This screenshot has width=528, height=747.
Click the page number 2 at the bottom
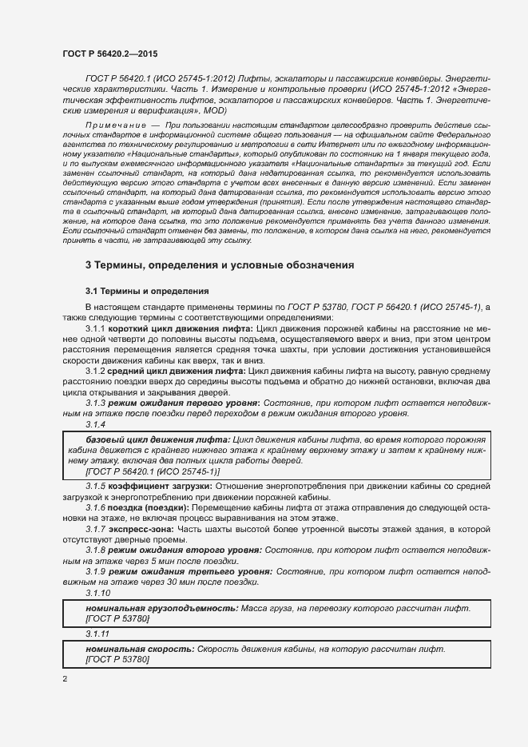(x=65, y=679)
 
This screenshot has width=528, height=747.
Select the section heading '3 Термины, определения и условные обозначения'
(x=220, y=264)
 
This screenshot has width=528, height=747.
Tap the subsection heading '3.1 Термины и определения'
(x=147, y=292)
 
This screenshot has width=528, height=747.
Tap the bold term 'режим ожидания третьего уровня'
(x=190, y=572)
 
